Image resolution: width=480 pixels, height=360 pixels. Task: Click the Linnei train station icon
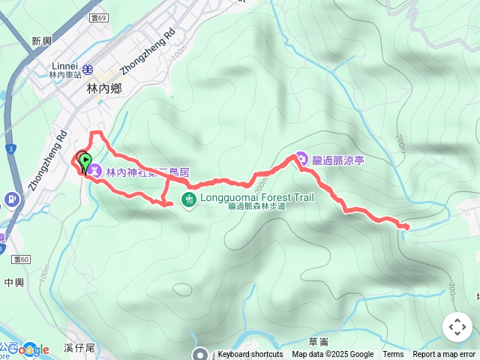click(88, 70)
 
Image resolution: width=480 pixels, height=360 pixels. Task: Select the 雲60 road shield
click(21, 259)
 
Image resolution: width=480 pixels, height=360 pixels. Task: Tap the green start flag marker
click(85, 160)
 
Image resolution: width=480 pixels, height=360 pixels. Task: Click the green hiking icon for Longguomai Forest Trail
click(188, 199)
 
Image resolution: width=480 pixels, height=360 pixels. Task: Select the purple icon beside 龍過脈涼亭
click(301, 158)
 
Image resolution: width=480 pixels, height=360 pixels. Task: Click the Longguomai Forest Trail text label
click(256, 198)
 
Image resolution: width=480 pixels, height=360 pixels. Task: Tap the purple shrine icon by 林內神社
click(94, 171)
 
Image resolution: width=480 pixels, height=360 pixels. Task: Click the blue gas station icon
click(11, 199)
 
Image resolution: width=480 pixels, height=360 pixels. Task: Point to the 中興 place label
click(14, 283)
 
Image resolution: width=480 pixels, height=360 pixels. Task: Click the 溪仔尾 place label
click(79, 348)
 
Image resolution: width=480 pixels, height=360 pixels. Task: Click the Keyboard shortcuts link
click(250, 355)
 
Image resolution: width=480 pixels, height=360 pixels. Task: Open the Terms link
click(393, 355)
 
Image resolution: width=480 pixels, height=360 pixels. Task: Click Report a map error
click(444, 355)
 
